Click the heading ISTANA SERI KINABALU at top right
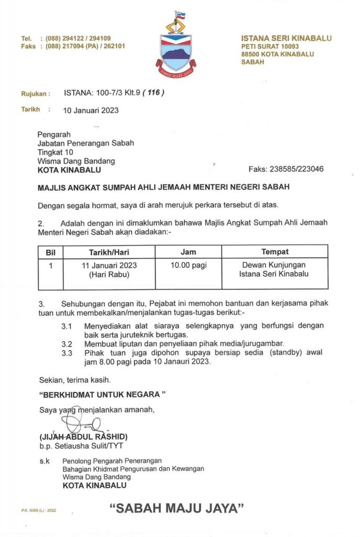[x=286, y=38]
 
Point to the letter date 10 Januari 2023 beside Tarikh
[x=91, y=110]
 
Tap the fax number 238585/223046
[x=296, y=169]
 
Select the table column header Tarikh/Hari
[x=109, y=252]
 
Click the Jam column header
[x=188, y=252]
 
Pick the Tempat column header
[x=274, y=252]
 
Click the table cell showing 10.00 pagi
[x=188, y=265]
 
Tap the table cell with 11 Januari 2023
[x=109, y=265]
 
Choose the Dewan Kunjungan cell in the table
[x=274, y=265]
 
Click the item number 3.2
[x=67, y=344]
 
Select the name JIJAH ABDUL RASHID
[x=83, y=436]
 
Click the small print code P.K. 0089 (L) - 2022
[x=39, y=510]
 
